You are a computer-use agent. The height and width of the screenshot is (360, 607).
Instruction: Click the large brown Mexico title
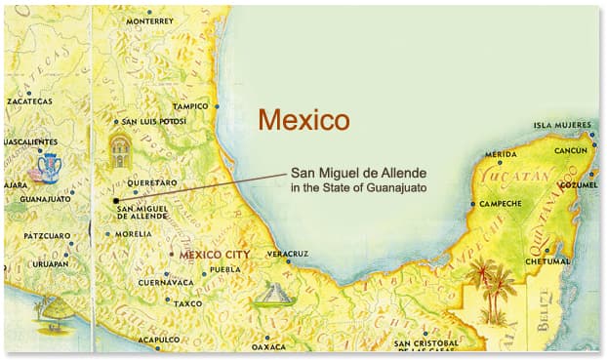pyautogui.click(x=303, y=121)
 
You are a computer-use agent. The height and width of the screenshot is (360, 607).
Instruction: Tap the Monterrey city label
pyautogui.click(x=149, y=20)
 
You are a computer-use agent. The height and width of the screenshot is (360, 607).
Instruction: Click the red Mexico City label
pyautogui.click(x=211, y=254)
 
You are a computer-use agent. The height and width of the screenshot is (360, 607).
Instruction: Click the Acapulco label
pyautogui.click(x=160, y=340)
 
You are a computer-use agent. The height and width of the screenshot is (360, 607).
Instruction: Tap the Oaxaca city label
pyautogui.click(x=268, y=346)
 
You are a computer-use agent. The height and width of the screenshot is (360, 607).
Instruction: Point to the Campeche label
pyautogui.click(x=500, y=204)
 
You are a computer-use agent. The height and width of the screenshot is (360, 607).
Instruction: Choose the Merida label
pyautogui.click(x=501, y=154)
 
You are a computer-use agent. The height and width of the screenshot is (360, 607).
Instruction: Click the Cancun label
pyautogui.click(x=571, y=152)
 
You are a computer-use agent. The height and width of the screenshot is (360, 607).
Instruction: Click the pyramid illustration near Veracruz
pyautogui.click(x=273, y=295)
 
